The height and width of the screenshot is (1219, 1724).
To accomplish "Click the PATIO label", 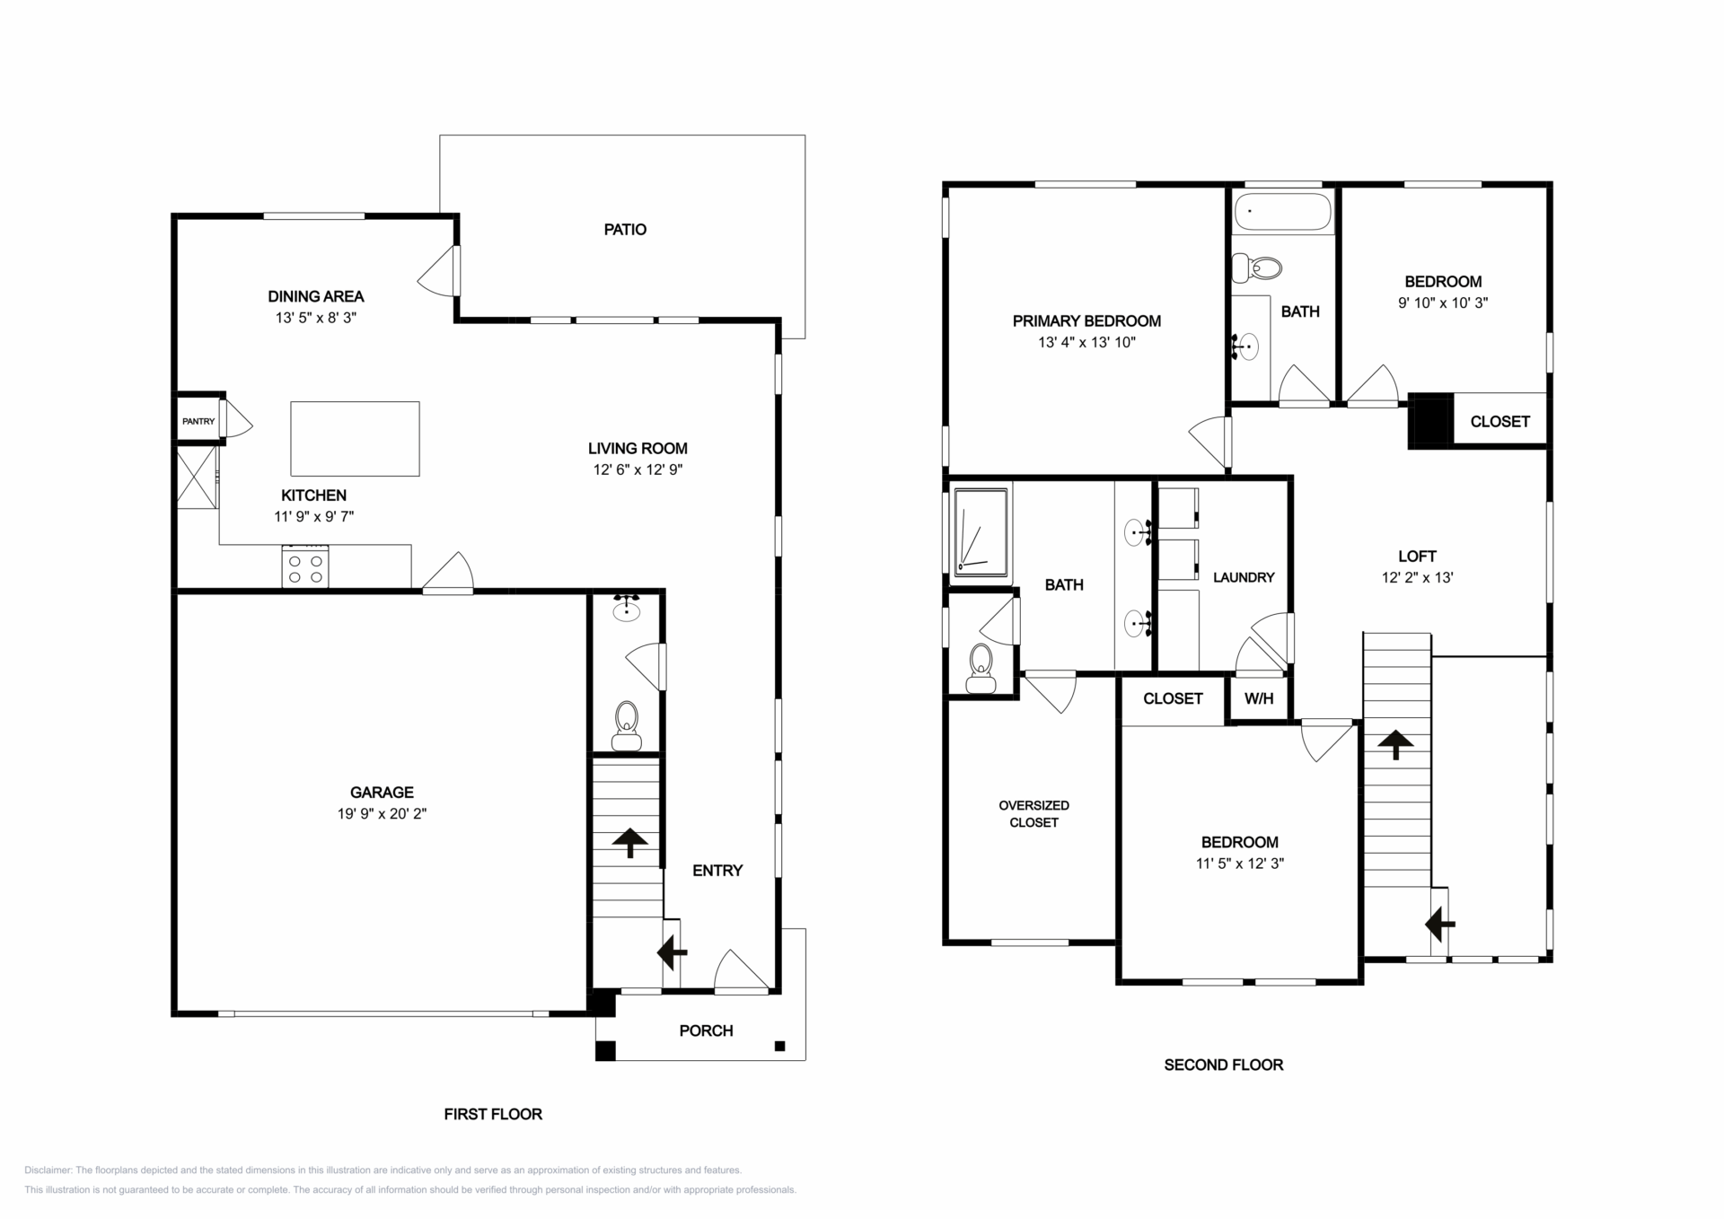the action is (x=625, y=230).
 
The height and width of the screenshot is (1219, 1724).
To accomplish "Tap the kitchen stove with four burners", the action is (x=305, y=566).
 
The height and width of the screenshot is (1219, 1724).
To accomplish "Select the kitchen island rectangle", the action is (x=355, y=439).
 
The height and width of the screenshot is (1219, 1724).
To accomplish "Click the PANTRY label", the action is (x=198, y=421).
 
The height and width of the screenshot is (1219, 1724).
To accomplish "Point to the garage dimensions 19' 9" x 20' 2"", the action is (x=382, y=814).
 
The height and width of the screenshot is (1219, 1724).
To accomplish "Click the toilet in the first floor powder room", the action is (x=626, y=726).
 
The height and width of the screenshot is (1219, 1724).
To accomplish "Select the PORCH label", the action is (x=706, y=1030).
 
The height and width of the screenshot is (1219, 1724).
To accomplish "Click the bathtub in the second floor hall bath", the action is (x=1283, y=212).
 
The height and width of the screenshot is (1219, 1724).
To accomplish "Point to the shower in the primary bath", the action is (x=981, y=532).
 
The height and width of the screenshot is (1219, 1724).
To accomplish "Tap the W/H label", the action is (x=1259, y=699).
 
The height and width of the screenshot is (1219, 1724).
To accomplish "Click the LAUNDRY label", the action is (x=1244, y=577).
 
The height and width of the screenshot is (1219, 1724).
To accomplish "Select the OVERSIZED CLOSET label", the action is (x=1034, y=813).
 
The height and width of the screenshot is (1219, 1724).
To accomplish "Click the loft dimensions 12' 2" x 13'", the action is (x=1417, y=578).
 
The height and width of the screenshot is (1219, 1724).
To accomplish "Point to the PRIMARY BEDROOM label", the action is (x=1086, y=321).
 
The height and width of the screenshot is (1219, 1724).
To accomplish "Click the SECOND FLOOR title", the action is (x=1224, y=1066).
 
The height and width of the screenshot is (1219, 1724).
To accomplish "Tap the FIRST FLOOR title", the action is (x=493, y=1114).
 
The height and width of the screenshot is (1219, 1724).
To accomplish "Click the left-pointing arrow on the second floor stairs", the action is (x=1439, y=924).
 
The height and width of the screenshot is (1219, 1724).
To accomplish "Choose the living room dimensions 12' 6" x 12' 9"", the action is (x=638, y=469).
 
